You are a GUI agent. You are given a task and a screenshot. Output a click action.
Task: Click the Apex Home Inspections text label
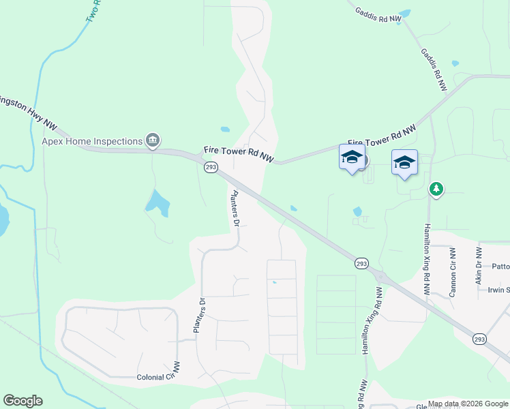[91, 142]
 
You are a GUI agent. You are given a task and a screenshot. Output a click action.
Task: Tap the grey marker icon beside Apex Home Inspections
[153, 141]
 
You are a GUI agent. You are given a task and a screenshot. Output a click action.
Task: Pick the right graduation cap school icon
[404, 162]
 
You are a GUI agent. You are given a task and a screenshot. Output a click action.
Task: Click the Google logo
[22, 401]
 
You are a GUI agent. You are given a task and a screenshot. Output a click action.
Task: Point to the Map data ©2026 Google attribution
[467, 404]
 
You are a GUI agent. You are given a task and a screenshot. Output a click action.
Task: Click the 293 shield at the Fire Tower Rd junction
[211, 167]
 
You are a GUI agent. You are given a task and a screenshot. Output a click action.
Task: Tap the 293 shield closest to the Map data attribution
[480, 338]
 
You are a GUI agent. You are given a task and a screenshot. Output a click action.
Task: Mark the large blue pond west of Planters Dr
[157, 202]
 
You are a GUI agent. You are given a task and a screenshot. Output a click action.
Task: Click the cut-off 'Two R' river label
[93, 12]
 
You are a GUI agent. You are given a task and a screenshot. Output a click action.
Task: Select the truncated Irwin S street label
[498, 290]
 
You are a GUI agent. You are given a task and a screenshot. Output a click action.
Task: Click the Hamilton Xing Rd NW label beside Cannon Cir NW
[427, 259]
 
